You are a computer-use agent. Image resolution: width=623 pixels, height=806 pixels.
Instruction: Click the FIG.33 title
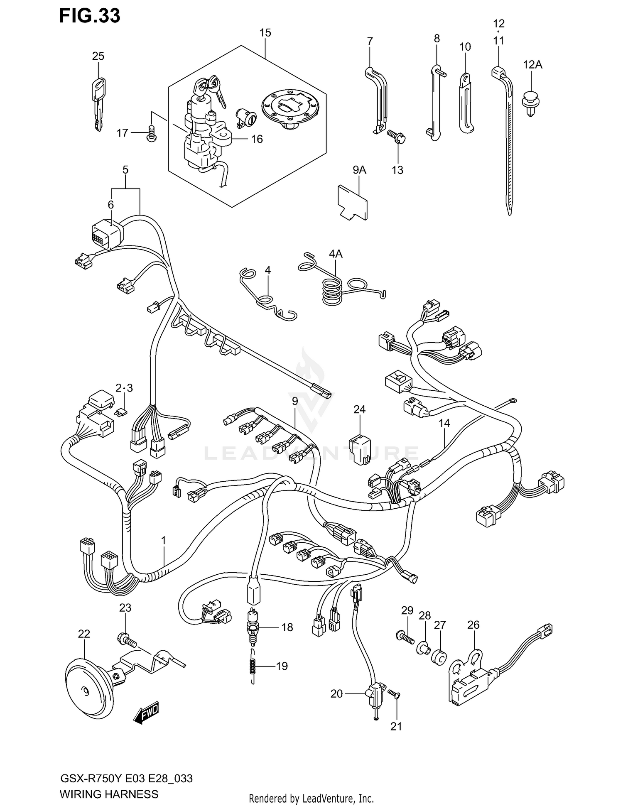point(90,16)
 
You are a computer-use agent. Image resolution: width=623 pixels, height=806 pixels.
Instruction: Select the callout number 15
point(265,33)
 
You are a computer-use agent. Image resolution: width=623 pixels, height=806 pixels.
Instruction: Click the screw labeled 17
point(152,134)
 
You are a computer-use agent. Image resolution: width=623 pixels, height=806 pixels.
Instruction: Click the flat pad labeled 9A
point(353,203)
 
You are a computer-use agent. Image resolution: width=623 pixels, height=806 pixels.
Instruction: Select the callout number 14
point(444,423)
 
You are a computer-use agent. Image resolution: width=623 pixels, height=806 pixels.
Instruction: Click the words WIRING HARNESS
point(109,794)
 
